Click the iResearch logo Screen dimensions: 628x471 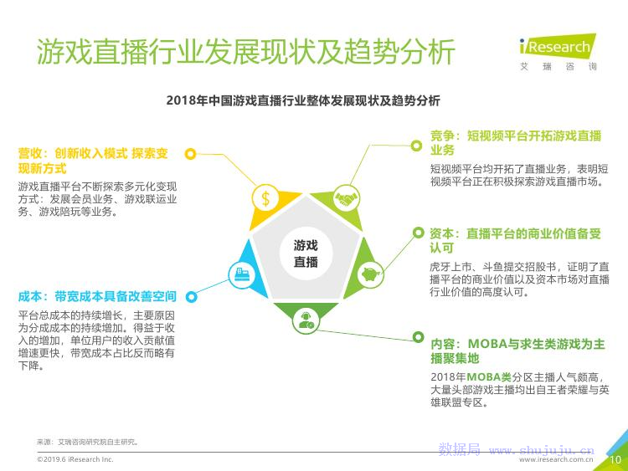[558, 52]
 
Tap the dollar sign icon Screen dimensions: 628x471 [265, 198]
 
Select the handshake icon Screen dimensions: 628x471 [346, 198]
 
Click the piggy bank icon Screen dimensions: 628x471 [370, 274]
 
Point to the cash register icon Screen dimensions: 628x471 [242, 274]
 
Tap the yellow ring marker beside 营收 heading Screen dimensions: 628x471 [191, 154]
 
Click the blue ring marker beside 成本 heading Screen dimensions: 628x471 [192, 297]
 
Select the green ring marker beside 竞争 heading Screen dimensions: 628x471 [416, 146]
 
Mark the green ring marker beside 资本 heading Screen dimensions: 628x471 [418, 233]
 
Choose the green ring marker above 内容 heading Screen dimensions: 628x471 [418, 337]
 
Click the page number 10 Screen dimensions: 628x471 [615, 460]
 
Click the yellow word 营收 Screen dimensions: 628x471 [30, 153]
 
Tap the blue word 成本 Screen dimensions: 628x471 [30, 296]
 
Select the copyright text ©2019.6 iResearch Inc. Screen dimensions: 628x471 [75, 459]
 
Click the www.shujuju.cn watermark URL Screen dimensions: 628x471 [542, 451]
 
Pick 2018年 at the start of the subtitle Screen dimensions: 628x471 [187, 100]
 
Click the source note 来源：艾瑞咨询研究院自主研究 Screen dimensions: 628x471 [88, 442]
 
